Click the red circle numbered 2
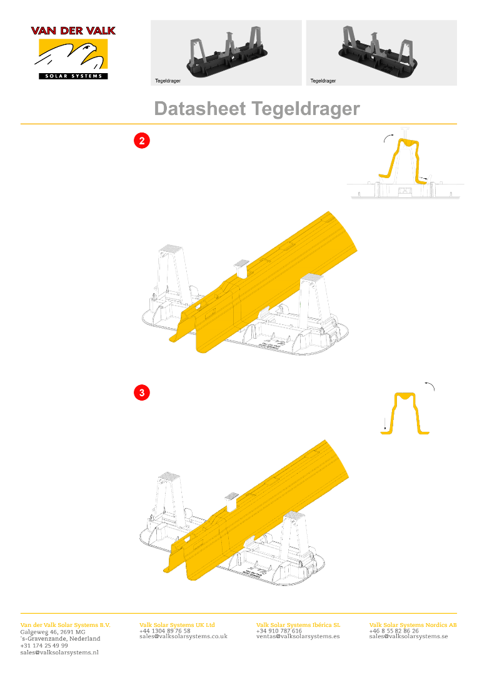point(142,141)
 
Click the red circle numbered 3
point(142,392)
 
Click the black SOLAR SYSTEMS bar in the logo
point(73,76)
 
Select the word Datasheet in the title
point(200,109)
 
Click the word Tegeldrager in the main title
point(306,109)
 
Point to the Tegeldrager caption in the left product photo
point(168,81)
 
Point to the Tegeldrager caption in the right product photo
point(323,81)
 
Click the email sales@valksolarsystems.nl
point(59,652)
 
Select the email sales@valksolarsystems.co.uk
point(183,636)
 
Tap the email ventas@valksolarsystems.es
point(298,636)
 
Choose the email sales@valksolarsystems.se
point(409,636)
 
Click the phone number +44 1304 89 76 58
point(165,631)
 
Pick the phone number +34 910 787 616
point(279,631)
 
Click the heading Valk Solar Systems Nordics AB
point(413,624)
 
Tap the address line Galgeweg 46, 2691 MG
point(53,632)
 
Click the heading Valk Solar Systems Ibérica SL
point(298,624)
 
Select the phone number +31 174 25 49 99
point(44,645)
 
